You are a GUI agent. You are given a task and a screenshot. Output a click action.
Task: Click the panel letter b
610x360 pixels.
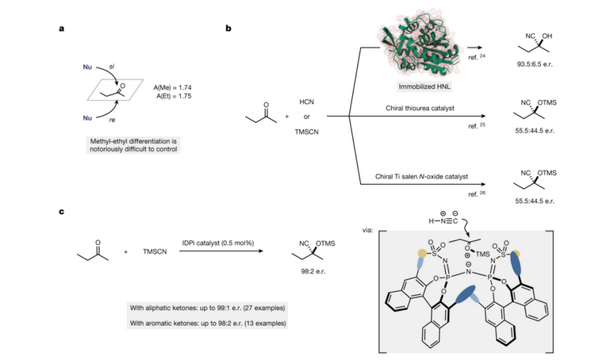pyautogui.click(x=229, y=29)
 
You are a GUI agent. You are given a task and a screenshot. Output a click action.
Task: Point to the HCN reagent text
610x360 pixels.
pyautogui.click(x=306, y=103)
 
